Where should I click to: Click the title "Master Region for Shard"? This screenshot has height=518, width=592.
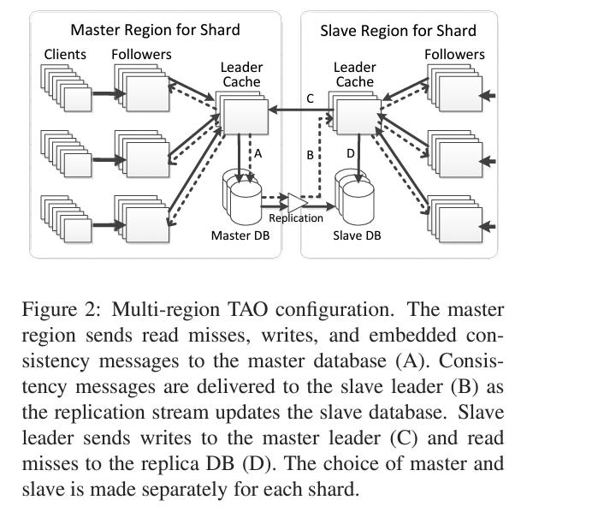click(155, 30)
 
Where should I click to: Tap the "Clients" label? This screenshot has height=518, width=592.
click(65, 54)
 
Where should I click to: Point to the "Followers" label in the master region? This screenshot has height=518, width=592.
click(141, 54)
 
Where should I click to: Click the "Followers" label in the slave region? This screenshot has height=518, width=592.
click(454, 54)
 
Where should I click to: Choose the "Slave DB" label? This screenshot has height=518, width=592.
click(357, 234)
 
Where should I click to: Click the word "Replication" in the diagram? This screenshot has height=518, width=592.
click(296, 217)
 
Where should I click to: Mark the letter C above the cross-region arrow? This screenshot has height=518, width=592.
click(310, 98)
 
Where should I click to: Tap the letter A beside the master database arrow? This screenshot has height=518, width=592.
click(256, 152)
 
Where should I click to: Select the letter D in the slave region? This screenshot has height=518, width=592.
click(349, 152)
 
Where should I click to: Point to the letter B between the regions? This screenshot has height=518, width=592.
click(311, 156)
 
